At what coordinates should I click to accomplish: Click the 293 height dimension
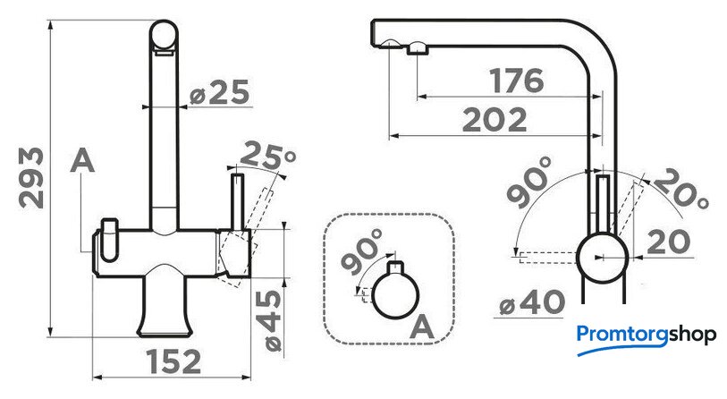click(x=31, y=178)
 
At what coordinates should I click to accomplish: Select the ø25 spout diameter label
click(x=219, y=92)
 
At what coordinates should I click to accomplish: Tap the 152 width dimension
click(x=173, y=361)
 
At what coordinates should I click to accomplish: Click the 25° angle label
click(x=267, y=157)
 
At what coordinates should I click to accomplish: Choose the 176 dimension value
click(x=517, y=81)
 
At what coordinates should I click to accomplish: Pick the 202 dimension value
click(x=495, y=120)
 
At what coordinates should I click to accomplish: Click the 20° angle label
click(x=681, y=190)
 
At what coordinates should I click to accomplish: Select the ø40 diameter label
click(x=532, y=303)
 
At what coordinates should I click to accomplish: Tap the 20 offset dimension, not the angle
click(x=668, y=242)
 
